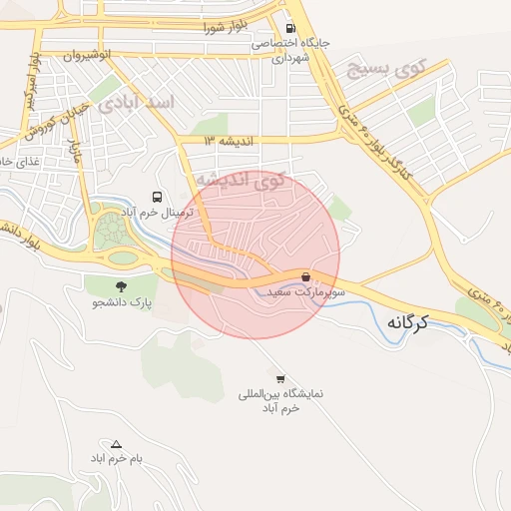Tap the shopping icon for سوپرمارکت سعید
[305, 276]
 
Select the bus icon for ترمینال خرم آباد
[157, 197]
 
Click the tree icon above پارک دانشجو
[122, 286]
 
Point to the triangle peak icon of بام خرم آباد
[117, 444]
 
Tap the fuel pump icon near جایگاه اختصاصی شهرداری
[290, 28]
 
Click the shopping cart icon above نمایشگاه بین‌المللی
[280, 378]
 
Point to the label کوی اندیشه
[239, 181]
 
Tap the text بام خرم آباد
[117, 457]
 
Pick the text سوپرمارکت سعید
[305, 292]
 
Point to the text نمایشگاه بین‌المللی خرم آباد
[281, 401]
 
